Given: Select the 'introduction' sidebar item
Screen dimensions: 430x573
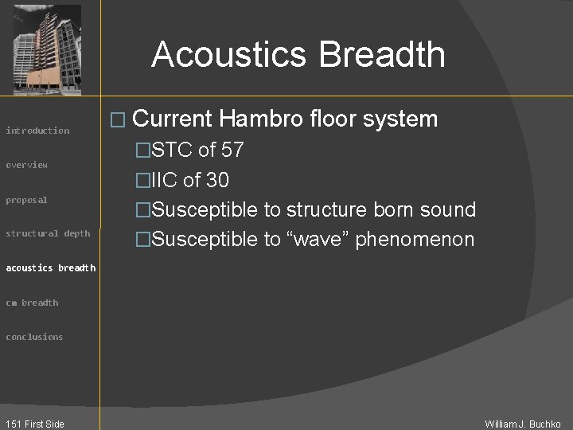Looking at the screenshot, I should tap(37, 131).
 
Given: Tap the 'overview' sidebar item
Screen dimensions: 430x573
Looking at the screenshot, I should tap(27, 165).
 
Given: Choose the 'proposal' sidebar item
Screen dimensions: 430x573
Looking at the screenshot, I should tap(27, 200).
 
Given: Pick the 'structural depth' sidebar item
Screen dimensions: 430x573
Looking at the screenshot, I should tap(48, 233).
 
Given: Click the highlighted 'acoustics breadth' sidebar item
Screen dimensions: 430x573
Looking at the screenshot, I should tap(50, 268).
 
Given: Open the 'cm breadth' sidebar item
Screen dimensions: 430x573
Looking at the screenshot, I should tap(32, 303).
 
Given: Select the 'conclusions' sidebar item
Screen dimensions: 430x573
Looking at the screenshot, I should tap(34, 337).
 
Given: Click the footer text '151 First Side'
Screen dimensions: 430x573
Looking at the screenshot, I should tap(34, 424).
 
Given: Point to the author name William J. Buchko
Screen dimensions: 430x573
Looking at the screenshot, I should tap(523, 424).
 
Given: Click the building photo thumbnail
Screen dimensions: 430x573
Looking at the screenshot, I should tap(48, 48).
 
